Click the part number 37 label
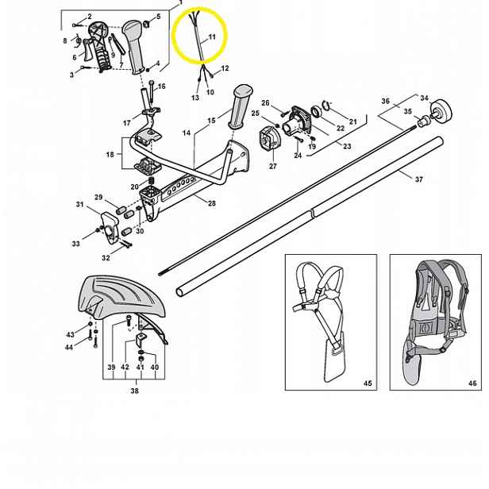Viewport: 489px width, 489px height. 419,179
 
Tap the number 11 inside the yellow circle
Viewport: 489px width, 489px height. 212,37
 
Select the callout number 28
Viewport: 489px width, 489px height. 212,203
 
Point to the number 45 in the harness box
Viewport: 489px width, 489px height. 368,383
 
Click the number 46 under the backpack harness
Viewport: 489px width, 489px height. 472,383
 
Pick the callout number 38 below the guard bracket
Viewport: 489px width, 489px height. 134,391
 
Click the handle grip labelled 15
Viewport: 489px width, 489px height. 241,106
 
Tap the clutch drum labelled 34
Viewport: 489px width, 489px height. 441,112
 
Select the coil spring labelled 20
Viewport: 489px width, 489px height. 152,181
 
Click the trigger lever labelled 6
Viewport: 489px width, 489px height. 87,50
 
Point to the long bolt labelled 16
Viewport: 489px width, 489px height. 152,92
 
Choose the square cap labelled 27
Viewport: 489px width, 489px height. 270,140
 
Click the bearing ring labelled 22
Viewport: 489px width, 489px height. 318,112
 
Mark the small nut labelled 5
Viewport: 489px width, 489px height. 147,24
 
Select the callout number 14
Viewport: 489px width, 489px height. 187,133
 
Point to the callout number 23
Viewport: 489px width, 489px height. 347,146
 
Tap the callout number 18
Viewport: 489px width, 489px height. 110,154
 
